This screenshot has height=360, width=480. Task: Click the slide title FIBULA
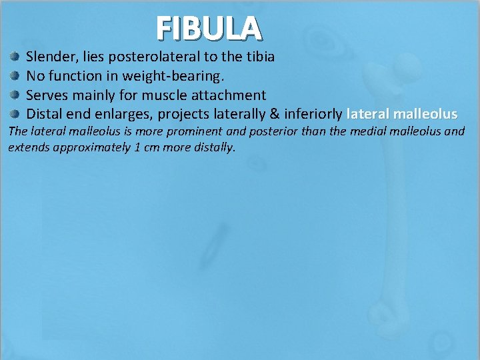pos(209,28)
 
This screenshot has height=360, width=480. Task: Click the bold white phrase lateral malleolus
pos(402,114)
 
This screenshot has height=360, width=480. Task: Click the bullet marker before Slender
pos(14,57)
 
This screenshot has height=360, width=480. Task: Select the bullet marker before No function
pos(14,76)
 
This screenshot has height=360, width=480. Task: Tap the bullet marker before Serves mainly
pos(14,95)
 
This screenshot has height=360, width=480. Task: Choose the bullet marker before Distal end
pos(14,114)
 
